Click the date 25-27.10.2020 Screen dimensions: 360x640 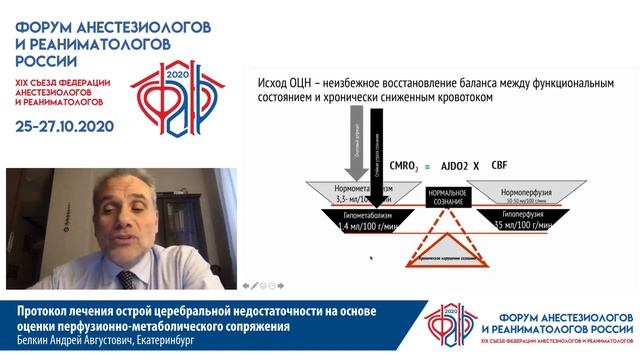tap(66, 127)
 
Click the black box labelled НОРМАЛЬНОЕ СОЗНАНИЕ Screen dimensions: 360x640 tap(446, 196)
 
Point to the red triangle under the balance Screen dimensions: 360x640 tap(446, 247)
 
